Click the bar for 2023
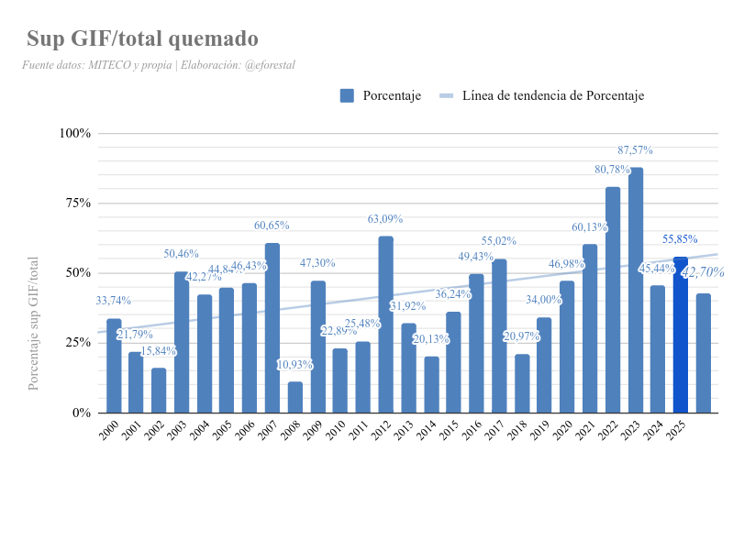636,290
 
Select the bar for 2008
294,397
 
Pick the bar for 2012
385,325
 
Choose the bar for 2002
159,391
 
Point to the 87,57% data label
635,150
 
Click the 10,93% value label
294,365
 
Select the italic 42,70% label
703,272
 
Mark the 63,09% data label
385,219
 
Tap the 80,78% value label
612,170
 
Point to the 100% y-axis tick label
75,133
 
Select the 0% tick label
81,413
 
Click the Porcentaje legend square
347,95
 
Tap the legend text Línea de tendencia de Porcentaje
553,95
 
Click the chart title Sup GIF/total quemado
142,39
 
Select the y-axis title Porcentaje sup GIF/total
34,324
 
